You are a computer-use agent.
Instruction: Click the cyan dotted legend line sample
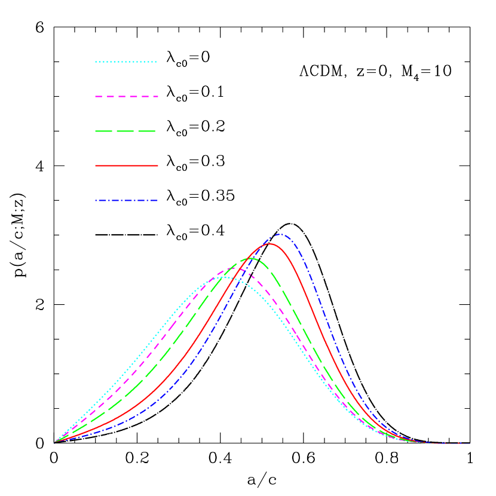[x=125, y=62]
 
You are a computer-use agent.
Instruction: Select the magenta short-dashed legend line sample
[x=126, y=96]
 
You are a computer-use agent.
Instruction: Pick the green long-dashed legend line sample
[x=125, y=131]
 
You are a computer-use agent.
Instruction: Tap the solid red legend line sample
[x=126, y=166]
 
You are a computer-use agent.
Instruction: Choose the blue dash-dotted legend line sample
[x=126, y=201]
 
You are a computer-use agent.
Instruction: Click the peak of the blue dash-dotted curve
[x=280, y=234]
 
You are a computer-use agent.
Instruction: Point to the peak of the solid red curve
[x=270, y=243]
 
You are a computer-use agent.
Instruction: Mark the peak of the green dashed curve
[x=251, y=258]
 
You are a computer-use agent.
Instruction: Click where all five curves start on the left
[x=54, y=442]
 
